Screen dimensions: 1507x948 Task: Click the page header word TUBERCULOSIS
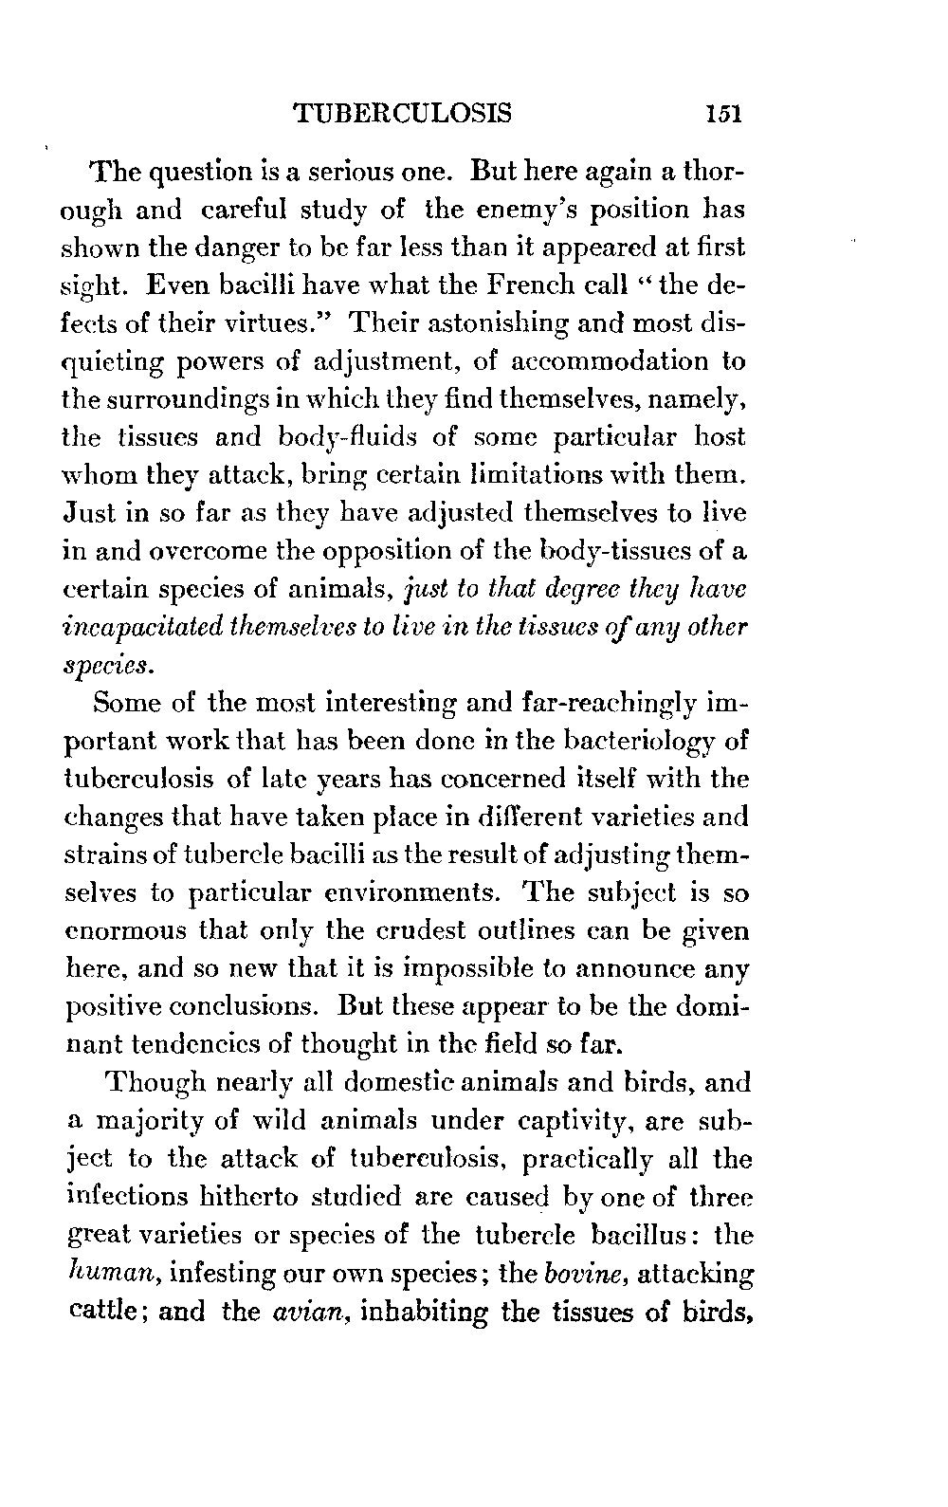coord(403,114)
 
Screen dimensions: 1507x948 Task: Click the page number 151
coord(722,114)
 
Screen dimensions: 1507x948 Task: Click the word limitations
coord(574,476)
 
